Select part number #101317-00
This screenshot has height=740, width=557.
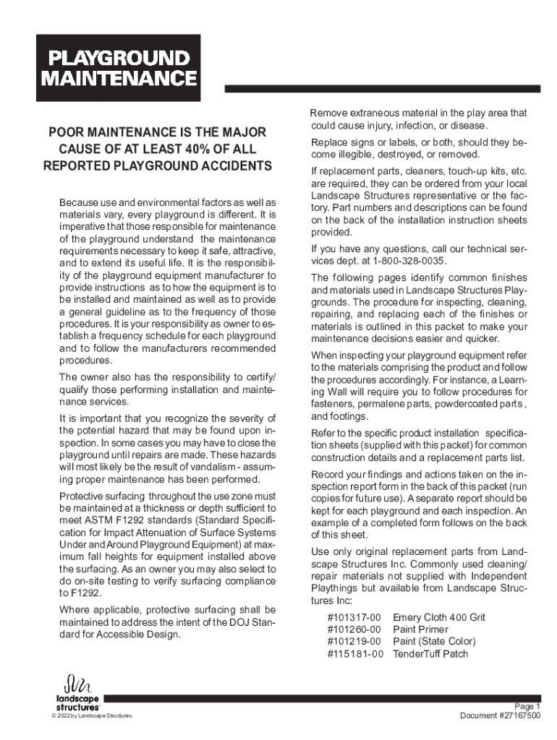click(354, 617)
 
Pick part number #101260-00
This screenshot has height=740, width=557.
click(354, 629)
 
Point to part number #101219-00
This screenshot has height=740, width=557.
click(354, 642)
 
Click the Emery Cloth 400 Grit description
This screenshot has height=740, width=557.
click(438, 617)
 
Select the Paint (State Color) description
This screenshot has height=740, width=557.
click(434, 642)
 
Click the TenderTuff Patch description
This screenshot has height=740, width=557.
click(430, 654)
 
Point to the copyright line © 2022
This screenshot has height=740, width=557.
click(87, 716)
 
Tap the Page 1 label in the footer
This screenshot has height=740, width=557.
click(527, 706)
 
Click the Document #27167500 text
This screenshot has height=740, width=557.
click(500, 715)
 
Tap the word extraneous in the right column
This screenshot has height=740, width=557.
click(370, 113)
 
